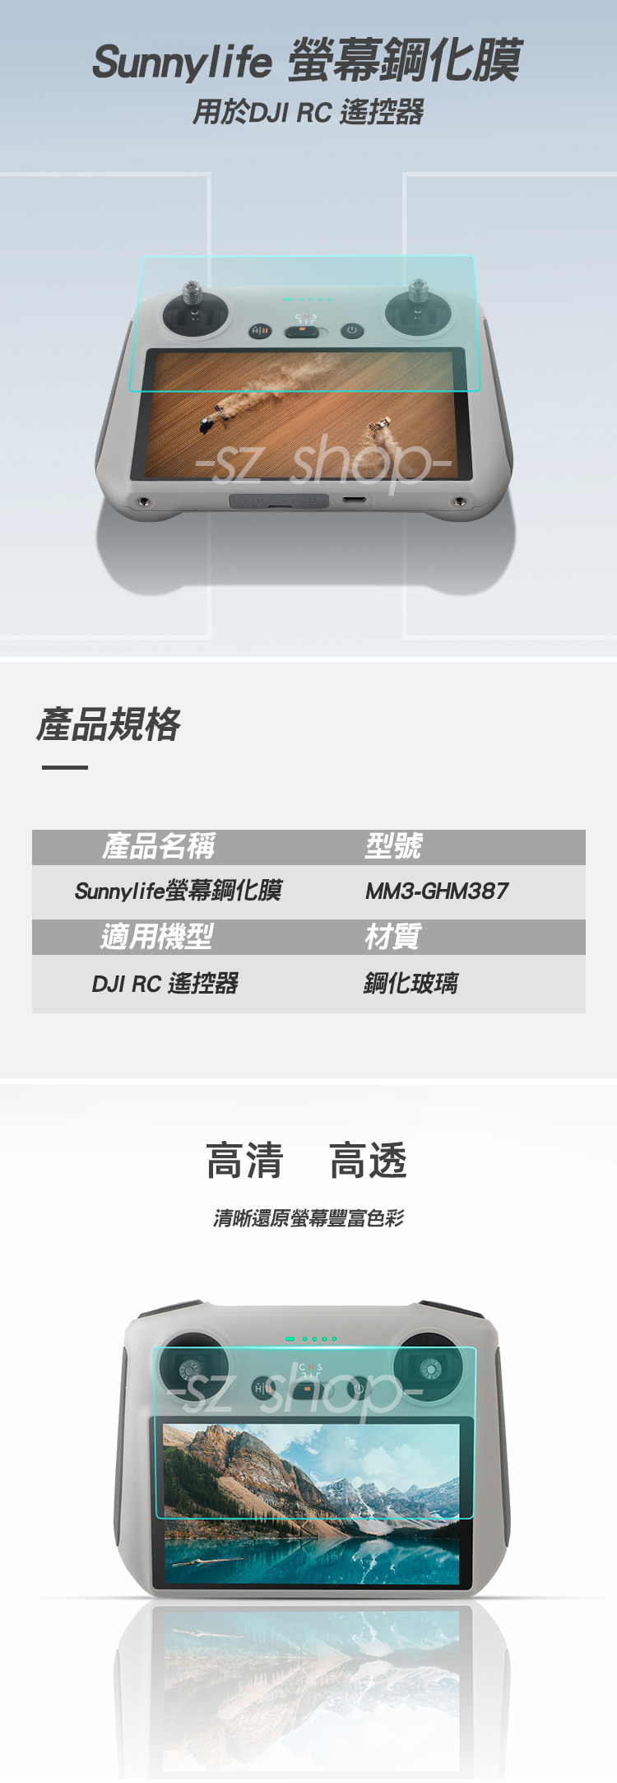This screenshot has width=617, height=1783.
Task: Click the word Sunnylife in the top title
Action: coord(182,63)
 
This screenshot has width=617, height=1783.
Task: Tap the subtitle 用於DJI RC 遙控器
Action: coord(308,112)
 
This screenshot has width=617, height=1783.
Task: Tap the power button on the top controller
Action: coord(351,330)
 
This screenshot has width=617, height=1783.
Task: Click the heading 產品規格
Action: coord(109,724)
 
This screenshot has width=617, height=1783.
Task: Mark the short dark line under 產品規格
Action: coord(65,767)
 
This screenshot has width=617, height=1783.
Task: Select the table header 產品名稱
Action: coord(159,846)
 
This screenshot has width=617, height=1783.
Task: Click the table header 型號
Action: coord(393,846)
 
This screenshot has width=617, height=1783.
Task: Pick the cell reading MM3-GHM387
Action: coord(437,891)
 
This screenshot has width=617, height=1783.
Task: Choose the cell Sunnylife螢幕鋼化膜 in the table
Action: coord(179,891)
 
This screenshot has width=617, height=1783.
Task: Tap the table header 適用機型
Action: coord(157,937)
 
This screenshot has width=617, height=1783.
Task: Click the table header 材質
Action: coord(392,937)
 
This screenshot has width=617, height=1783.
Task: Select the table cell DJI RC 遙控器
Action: coord(165,984)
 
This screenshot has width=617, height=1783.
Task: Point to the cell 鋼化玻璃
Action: coord(411,984)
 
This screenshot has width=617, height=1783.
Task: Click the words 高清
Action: coord(245,1162)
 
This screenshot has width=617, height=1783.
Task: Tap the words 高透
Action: coord(369,1162)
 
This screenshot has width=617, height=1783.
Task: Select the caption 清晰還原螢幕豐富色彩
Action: coord(308,1218)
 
